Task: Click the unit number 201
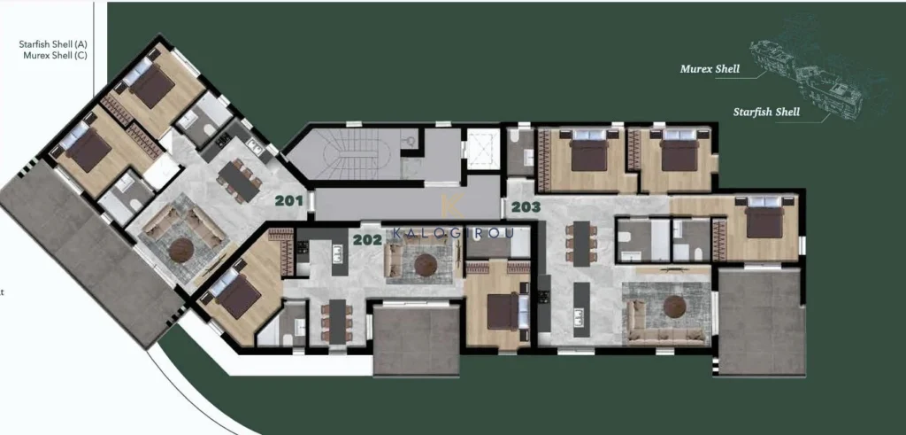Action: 289,201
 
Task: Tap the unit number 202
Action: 367,239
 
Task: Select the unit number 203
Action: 526,207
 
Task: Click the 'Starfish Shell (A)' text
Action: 53,44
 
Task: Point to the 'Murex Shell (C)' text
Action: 56,56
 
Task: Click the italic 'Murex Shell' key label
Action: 710,69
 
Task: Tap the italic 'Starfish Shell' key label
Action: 766,112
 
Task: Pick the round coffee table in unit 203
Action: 674,307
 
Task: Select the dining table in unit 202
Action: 338,321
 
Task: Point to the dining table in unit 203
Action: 582,243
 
